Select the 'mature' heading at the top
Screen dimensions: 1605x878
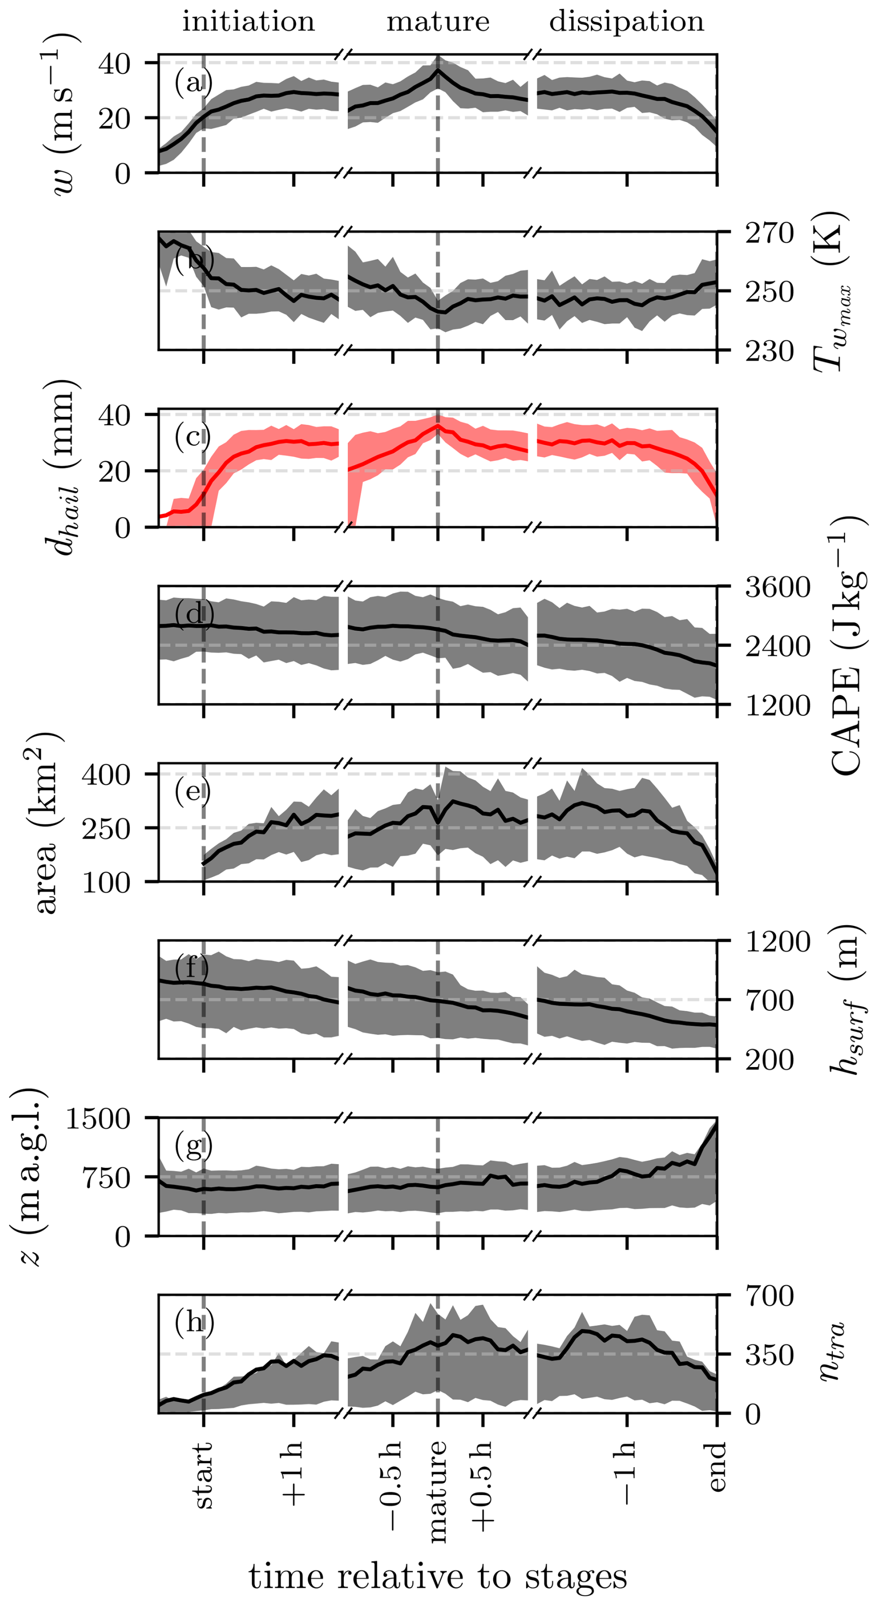(438, 22)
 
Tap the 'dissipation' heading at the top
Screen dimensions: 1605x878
(626, 22)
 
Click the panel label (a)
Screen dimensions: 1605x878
(193, 82)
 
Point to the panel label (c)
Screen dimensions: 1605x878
(193, 436)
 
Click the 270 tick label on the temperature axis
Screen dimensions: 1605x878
(769, 233)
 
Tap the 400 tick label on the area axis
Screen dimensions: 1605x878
(106, 775)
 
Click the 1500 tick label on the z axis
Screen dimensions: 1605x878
(98, 1119)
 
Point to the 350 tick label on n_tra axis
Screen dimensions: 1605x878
(769, 1355)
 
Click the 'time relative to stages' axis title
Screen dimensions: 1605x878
(438, 1577)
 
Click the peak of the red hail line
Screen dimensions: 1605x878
(438, 426)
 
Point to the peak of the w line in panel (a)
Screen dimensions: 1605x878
(438, 71)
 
